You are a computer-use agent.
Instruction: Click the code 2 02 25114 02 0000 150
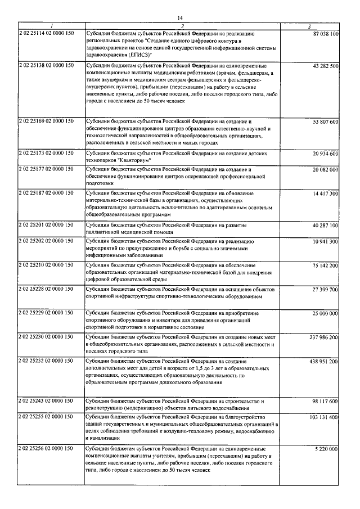[46, 34]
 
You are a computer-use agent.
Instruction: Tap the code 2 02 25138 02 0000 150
[46, 66]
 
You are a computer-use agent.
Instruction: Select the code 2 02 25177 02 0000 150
[46, 169]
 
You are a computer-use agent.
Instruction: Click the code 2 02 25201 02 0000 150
[46, 225]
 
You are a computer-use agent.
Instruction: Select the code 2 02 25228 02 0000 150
[46, 289]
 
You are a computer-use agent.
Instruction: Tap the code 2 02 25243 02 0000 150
[46, 400]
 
